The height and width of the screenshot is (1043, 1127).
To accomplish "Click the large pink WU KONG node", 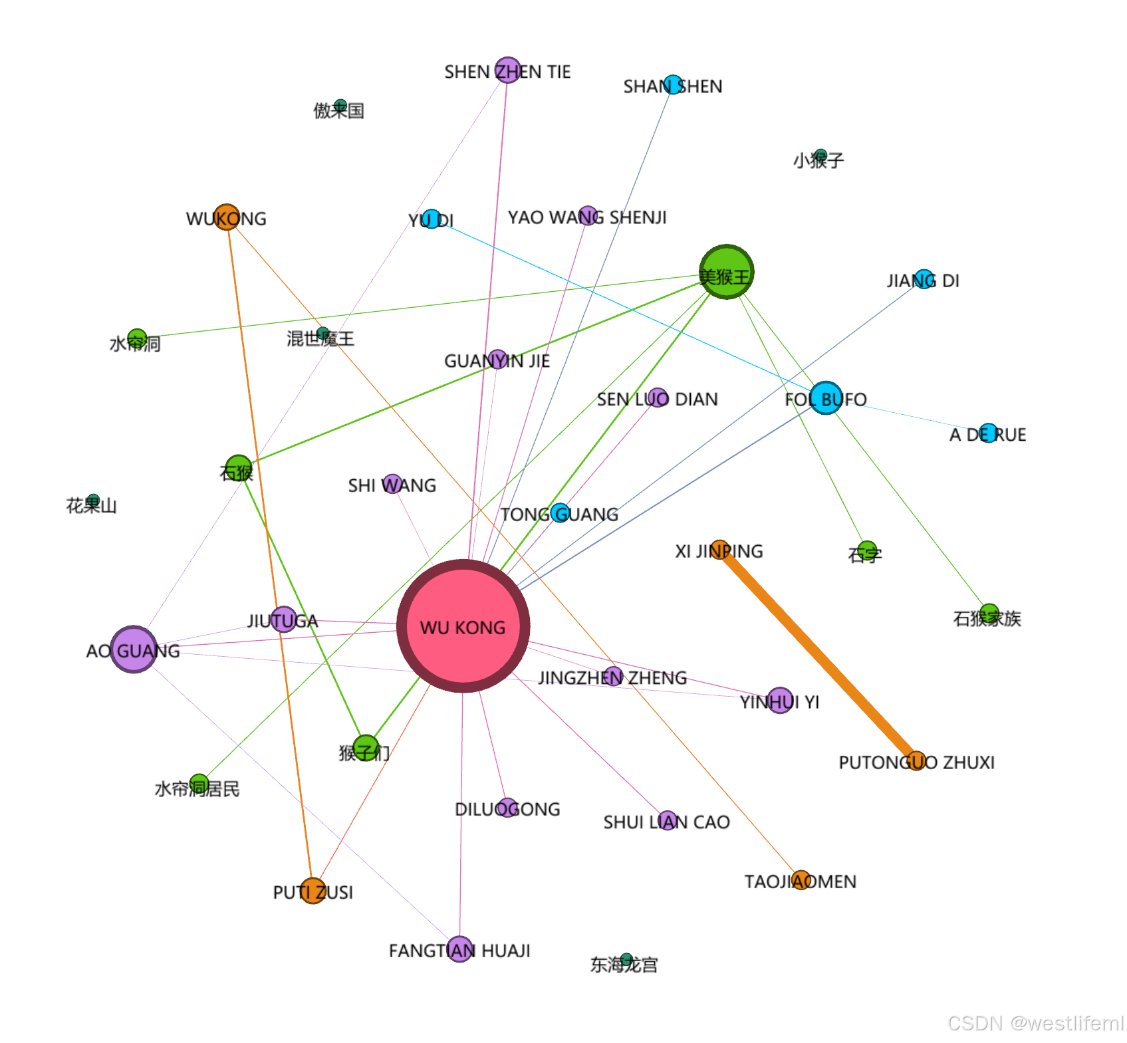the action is [x=463, y=626].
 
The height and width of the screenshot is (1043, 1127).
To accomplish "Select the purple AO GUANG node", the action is [x=134, y=649].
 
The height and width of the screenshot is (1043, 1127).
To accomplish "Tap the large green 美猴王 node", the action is [x=726, y=272].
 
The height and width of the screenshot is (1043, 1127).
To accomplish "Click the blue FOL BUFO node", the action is [x=826, y=398].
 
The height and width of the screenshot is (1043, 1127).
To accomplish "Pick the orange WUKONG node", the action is [x=227, y=217].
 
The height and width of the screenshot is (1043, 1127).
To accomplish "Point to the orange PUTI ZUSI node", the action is [x=313, y=891].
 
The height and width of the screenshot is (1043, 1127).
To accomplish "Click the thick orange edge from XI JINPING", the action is [x=818, y=655].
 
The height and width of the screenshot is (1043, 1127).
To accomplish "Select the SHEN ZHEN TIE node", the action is [x=508, y=70].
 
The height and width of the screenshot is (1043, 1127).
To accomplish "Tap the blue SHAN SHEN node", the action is [x=673, y=85].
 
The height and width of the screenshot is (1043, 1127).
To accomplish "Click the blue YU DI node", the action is [x=432, y=219].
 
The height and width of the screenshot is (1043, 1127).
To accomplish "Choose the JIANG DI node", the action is [x=924, y=279].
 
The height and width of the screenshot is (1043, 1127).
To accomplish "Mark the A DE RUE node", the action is [x=989, y=433].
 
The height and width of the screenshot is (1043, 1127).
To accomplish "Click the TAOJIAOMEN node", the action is [x=801, y=880].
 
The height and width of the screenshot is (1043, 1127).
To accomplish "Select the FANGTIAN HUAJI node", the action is [x=459, y=949].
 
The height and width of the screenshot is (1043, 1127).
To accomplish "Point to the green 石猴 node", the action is [x=239, y=468].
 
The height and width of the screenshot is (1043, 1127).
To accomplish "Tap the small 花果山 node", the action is [x=93, y=501].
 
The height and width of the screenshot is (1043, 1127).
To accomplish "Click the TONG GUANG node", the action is [x=560, y=513].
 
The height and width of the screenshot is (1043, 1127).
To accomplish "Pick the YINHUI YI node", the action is [x=780, y=700].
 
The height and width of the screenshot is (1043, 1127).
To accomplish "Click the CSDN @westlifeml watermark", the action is [x=1035, y=1023].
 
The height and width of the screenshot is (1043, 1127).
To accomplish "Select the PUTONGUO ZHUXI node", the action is [x=917, y=760].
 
